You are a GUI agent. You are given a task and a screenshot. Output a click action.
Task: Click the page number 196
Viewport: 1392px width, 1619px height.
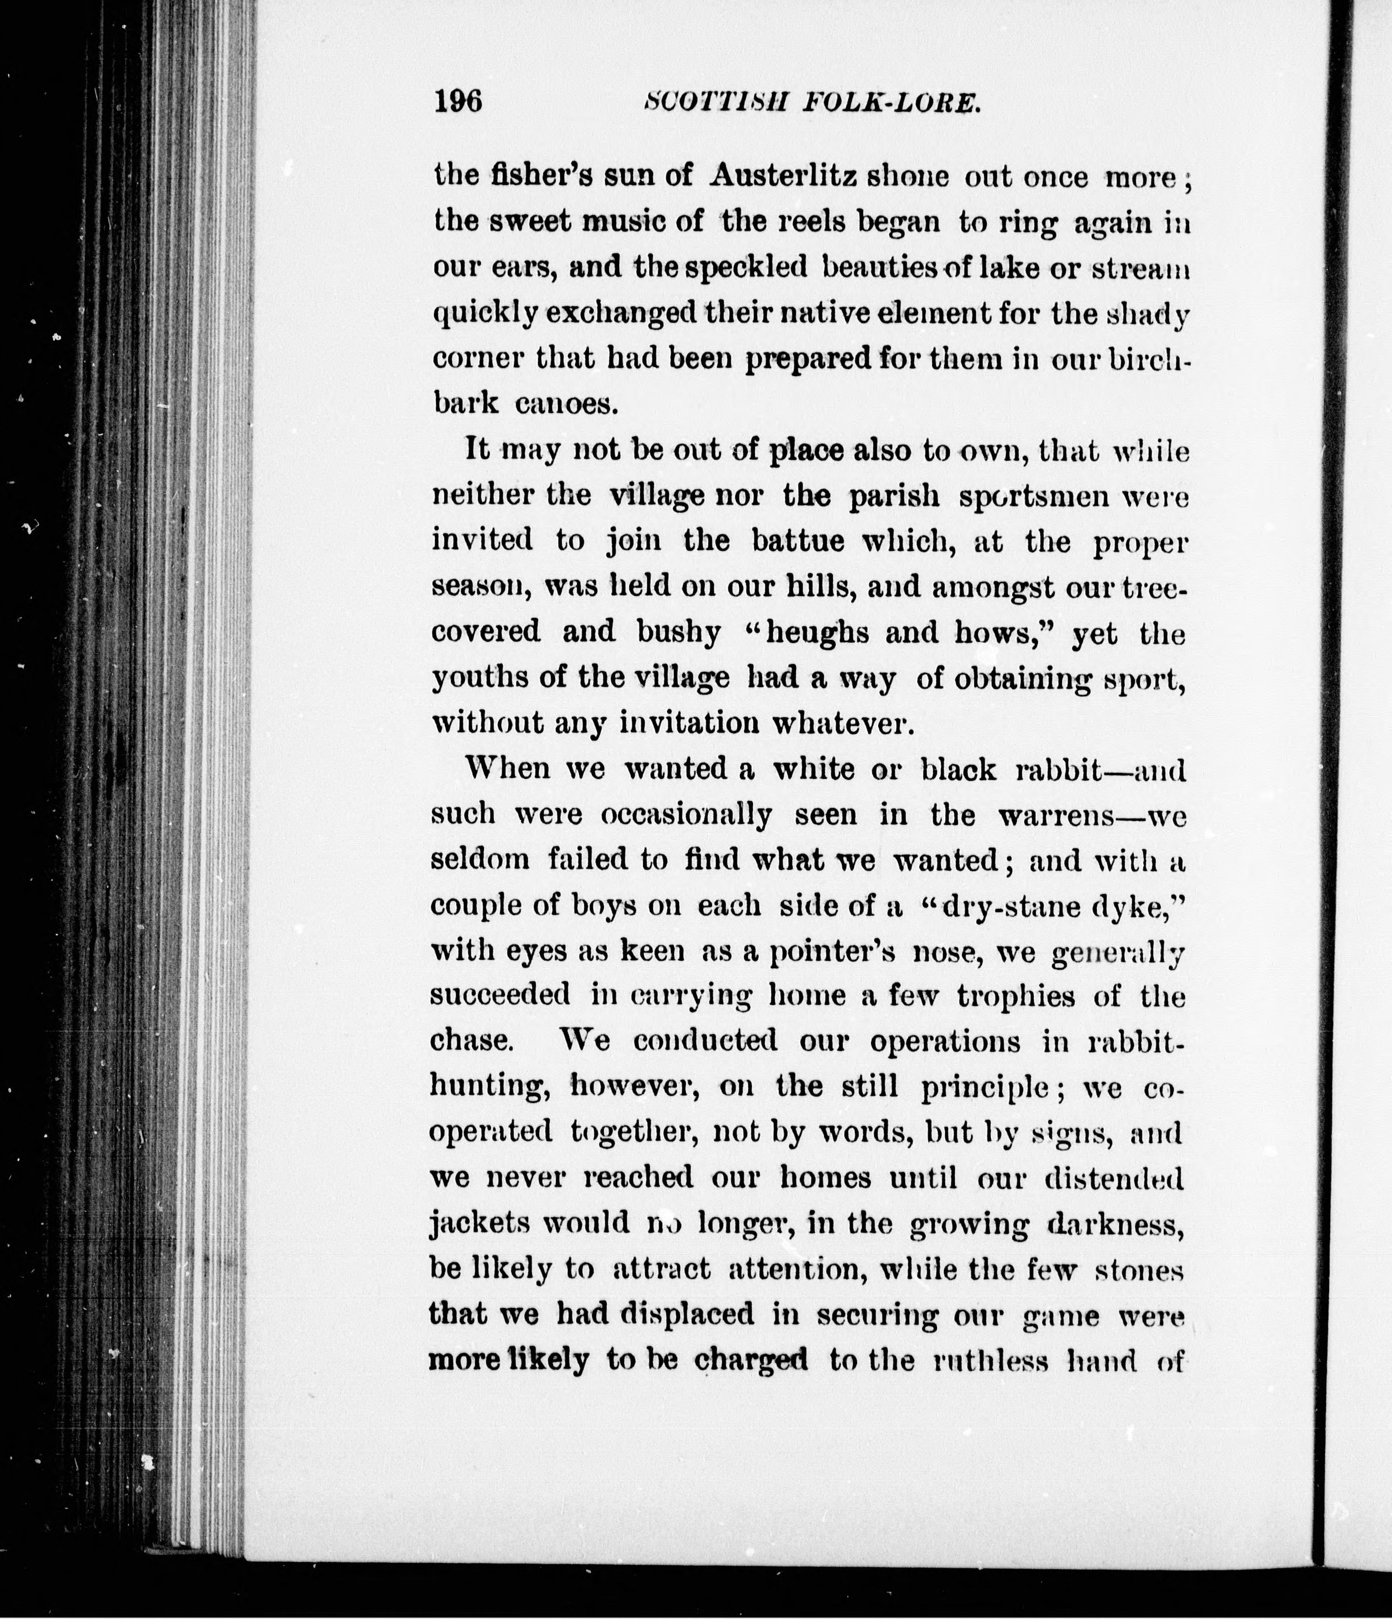[x=458, y=102]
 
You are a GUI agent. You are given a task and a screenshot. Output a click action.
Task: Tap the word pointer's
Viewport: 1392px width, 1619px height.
[x=817, y=952]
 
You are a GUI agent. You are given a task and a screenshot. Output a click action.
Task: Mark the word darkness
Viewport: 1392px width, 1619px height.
[x=1113, y=1223]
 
